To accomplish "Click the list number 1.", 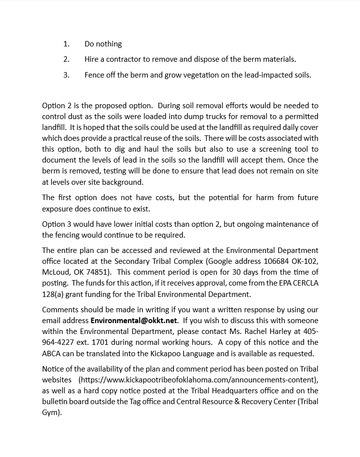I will pyautogui.click(x=66, y=44).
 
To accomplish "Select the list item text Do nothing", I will pyautogui.click(x=103, y=44).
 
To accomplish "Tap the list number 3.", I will pyautogui.click(x=66, y=75).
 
